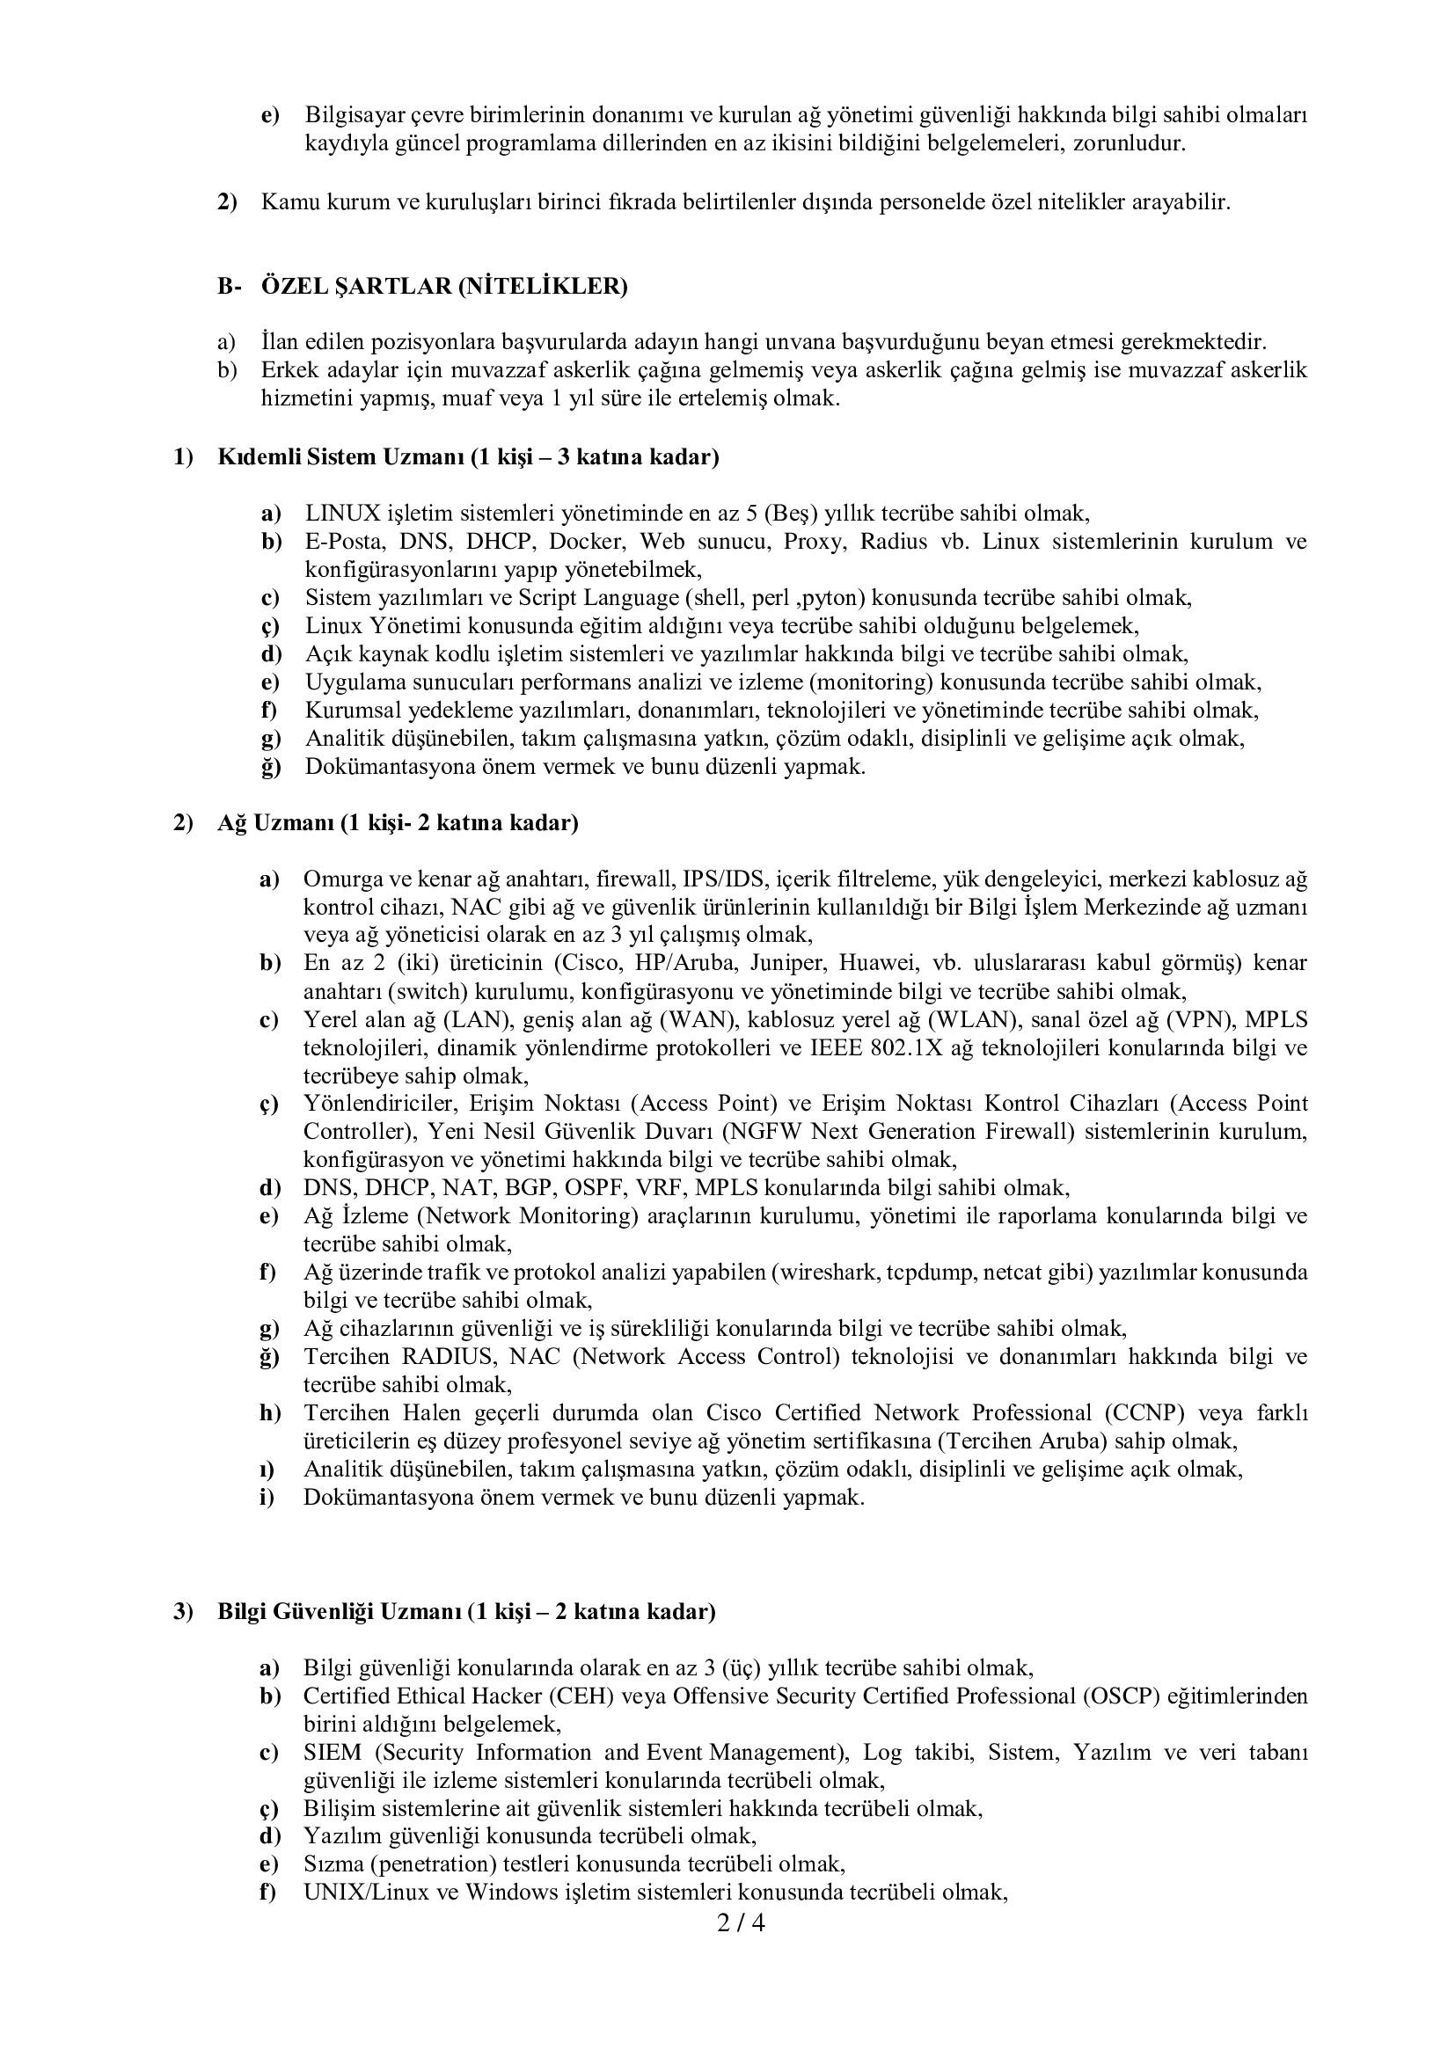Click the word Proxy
812,541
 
